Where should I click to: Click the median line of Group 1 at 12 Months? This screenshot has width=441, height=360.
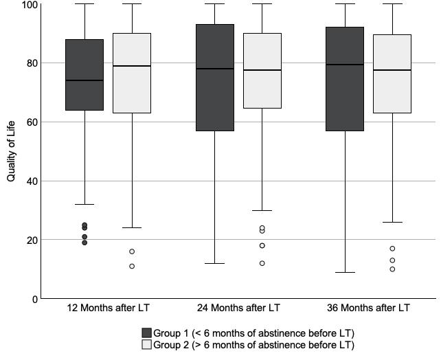(84, 80)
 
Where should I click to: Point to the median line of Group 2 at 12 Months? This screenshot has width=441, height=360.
(132, 66)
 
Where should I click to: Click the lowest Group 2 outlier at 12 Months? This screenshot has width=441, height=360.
(132, 266)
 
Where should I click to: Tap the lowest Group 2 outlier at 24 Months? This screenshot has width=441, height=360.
(262, 263)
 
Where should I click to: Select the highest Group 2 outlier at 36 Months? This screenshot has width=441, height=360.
(392, 249)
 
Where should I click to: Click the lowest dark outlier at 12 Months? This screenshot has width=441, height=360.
(84, 243)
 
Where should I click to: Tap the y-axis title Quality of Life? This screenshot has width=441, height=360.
(11, 152)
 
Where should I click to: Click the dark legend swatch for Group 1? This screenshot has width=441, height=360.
(146, 333)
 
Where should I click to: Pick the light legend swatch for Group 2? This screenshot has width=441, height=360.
(146, 345)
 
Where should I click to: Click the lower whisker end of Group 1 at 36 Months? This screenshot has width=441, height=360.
(345, 272)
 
